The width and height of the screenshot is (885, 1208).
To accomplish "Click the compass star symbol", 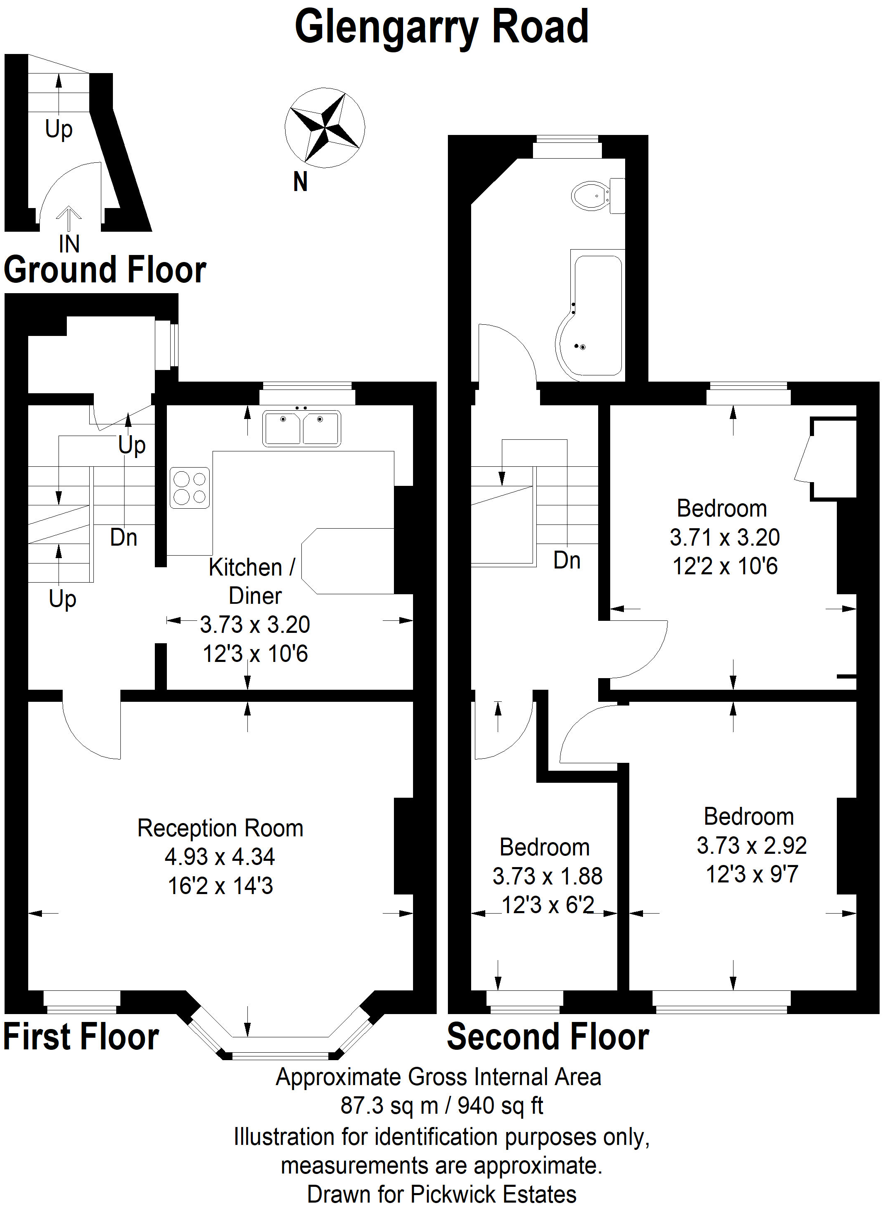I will (325, 127).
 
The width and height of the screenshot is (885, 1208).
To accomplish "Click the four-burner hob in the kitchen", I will (190, 488).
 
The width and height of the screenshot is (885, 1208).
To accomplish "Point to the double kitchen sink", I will (301, 428).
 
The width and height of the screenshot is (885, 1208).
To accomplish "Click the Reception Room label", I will (220, 828).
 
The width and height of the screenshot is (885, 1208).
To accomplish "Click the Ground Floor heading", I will (105, 270).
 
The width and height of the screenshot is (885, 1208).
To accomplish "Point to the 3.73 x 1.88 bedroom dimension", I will (548, 876).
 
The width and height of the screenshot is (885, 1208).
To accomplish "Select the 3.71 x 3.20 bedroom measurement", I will (724, 537).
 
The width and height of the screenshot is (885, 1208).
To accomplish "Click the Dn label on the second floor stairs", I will (567, 561).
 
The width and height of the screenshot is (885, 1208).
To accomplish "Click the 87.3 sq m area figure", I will (389, 1105).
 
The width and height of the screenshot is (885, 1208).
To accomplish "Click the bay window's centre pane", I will (281, 1055).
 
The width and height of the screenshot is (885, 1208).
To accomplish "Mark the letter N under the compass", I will (301, 182).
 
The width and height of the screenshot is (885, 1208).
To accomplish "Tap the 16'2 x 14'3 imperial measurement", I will (220, 886).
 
